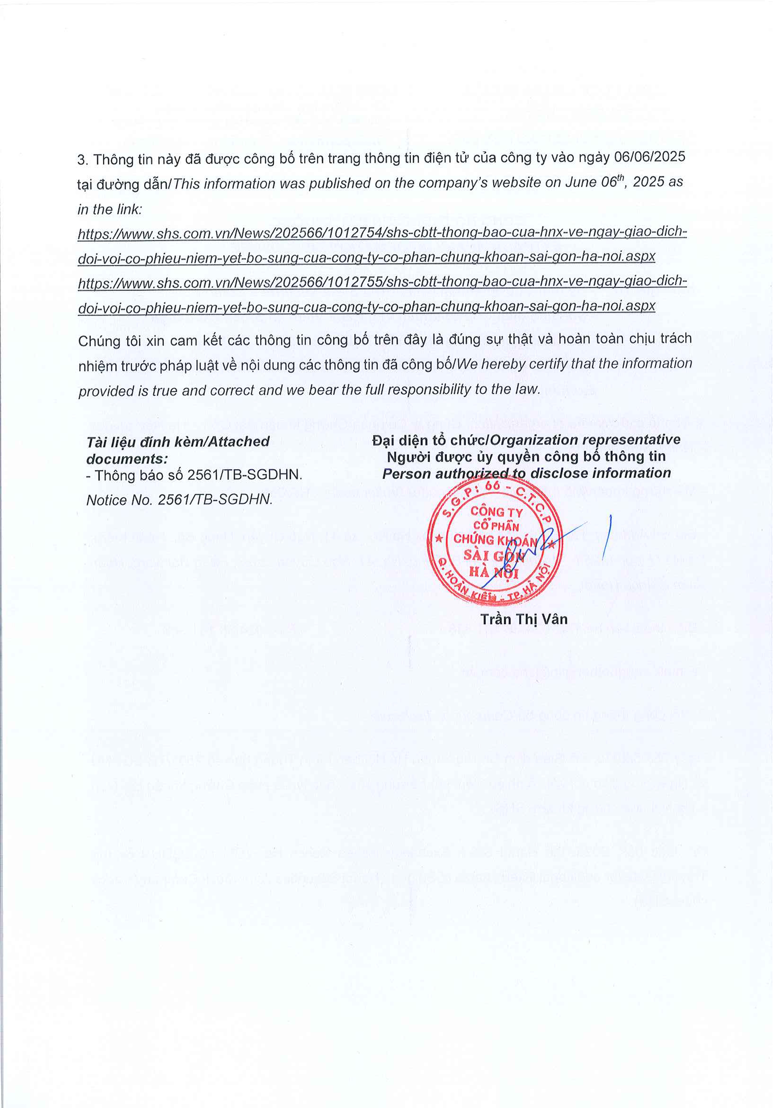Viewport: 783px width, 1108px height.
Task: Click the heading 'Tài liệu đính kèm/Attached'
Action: [178, 441]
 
